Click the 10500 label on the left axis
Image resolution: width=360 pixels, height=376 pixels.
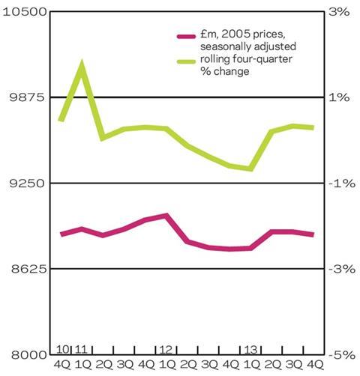pyautogui.click(x=25, y=12)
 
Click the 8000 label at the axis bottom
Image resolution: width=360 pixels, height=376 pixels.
pyautogui.click(x=28, y=355)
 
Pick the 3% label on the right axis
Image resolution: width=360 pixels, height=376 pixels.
pyautogui.click(x=339, y=12)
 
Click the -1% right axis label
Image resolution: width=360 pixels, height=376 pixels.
pyautogui.click(x=342, y=184)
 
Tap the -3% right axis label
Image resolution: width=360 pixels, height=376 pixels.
pyautogui.click(x=342, y=270)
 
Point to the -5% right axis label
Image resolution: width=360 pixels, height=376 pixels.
pyautogui.click(x=342, y=355)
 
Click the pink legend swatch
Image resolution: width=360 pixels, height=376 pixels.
pyautogui.click(x=186, y=37)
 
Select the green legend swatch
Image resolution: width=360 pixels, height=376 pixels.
pyautogui.click(x=186, y=61)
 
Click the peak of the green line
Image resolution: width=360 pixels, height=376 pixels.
pyautogui.click(x=82, y=63)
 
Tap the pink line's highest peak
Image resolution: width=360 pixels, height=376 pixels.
pyautogui.click(x=166, y=215)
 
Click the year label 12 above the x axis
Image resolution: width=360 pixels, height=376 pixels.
pyautogui.click(x=166, y=350)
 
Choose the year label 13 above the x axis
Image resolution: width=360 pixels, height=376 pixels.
pyautogui.click(x=250, y=350)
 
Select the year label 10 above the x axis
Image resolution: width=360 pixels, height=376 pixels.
pyautogui.click(x=62, y=350)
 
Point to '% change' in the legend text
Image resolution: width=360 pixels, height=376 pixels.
pyautogui.click(x=225, y=71)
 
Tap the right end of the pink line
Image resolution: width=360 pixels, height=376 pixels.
pyautogui.click(x=313, y=234)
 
